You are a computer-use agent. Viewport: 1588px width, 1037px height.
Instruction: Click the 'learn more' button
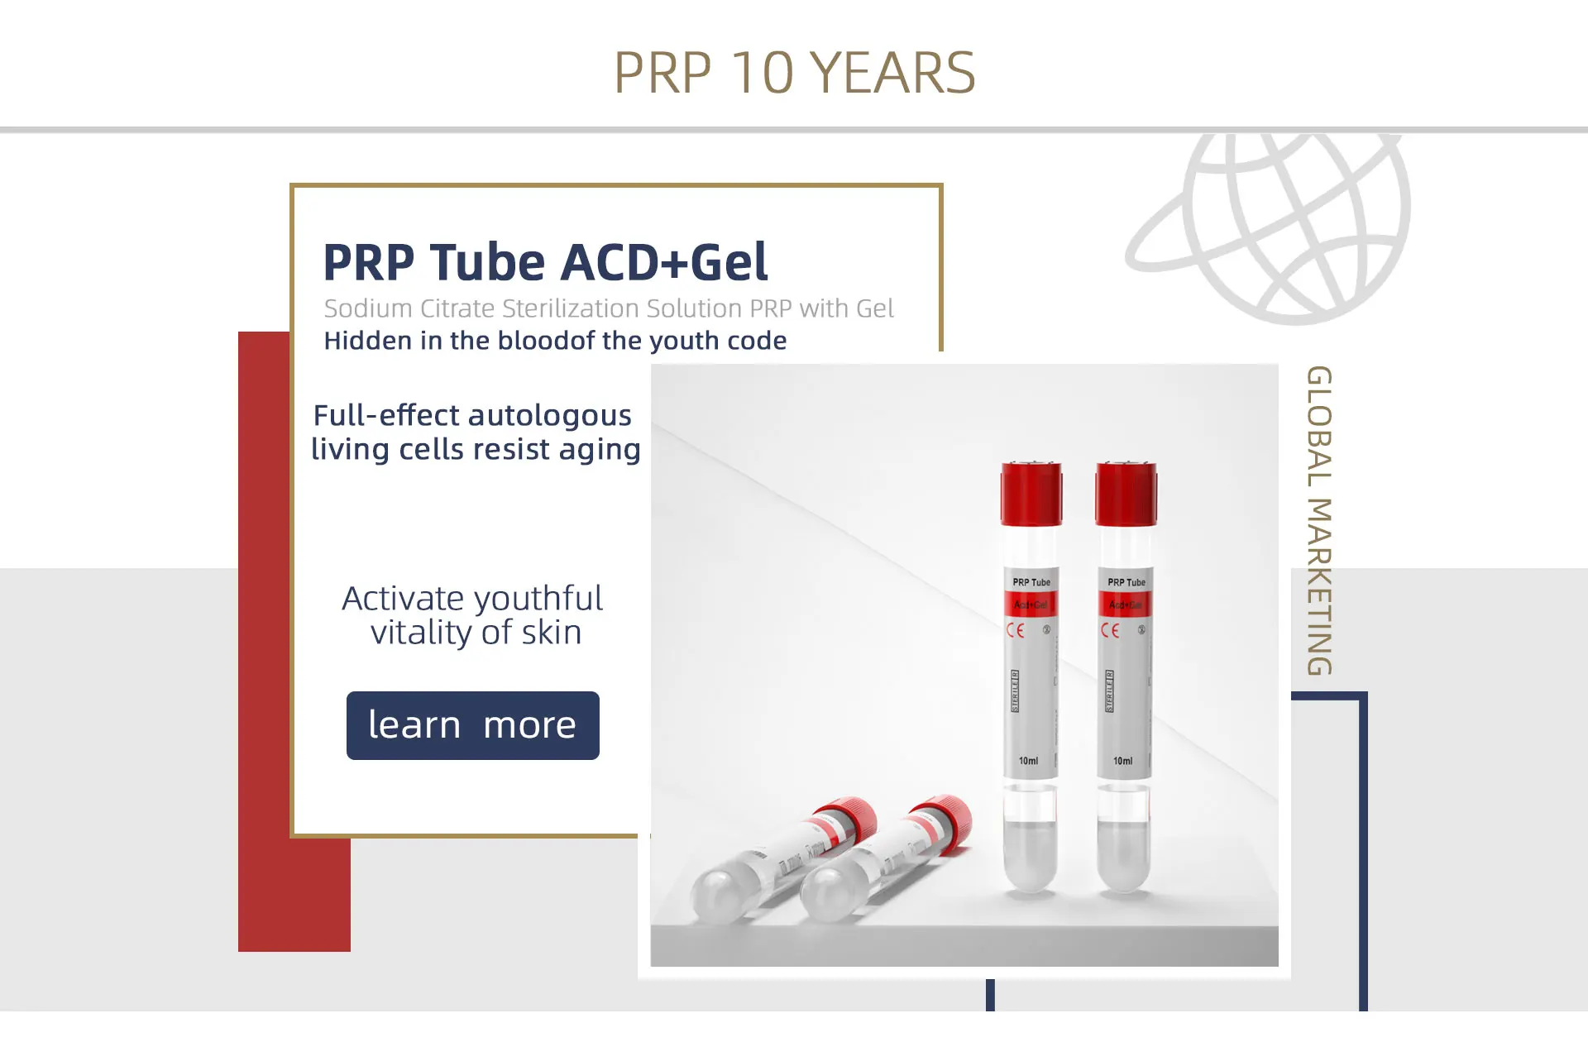tap(472, 725)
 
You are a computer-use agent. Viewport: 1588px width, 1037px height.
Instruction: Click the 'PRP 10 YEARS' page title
tap(794, 73)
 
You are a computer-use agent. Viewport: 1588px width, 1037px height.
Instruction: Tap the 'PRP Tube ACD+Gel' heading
tap(545, 262)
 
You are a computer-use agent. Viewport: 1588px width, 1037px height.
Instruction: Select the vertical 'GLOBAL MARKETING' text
tap(1319, 520)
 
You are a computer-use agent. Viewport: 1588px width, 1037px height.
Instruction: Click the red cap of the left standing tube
tap(1031, 494)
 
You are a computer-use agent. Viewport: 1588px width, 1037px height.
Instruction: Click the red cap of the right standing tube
tap(1126, 494)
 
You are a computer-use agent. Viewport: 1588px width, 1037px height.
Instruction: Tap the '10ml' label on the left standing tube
tap(1028, 761)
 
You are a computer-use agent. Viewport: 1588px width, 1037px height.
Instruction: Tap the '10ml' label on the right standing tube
tap(1122, 761)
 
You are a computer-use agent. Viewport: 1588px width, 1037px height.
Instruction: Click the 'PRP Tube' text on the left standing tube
tap(1031, 582)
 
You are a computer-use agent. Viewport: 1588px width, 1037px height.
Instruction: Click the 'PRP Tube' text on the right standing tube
tap(1126, 582)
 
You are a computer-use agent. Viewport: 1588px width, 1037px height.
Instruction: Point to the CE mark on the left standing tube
tap(1016, 631)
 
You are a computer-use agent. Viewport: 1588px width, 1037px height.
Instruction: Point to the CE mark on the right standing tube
tap(1110, 631)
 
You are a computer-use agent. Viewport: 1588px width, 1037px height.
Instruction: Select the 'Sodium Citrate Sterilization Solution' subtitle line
tap(609, 308)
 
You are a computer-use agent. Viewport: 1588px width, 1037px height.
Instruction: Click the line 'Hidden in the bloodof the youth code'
tap(555, 341)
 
